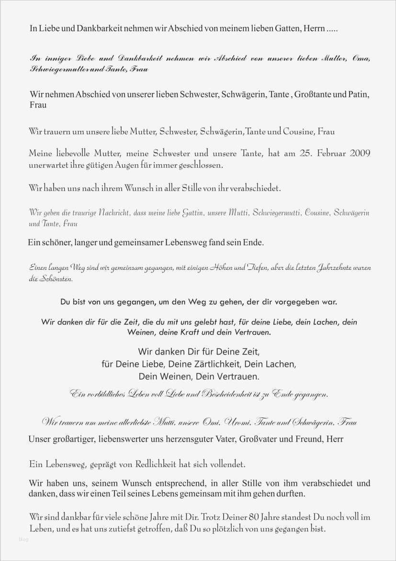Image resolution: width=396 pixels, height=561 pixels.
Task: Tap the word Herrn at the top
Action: pos(314,29)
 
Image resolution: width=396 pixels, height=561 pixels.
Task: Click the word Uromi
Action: pos(238,423)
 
